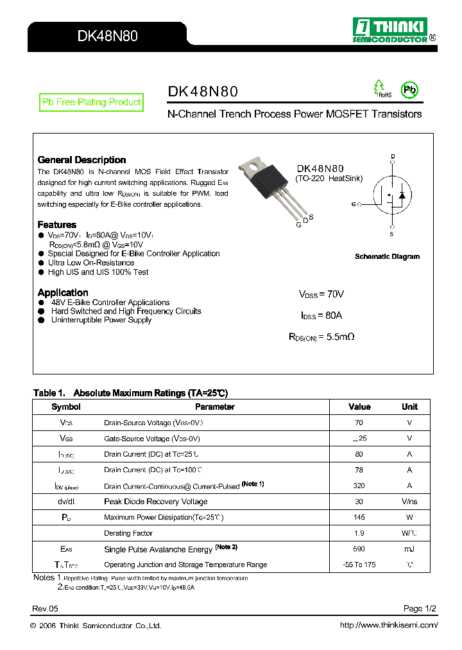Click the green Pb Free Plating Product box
pos(91,102)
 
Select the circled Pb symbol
pos(409,90)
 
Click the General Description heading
pos(81,160)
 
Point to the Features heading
pos(56,225)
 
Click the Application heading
pos(63,293)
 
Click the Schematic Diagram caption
pos(387,256)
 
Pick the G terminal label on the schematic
pos(354,204)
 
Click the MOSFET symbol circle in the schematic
pos(392,195)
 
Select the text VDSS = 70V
pos(321,294)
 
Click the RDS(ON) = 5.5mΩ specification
pos(321,337)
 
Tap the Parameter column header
pos(214,407)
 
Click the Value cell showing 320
pos(359,486)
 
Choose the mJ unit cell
pos(409,549)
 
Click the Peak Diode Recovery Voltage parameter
pos(155,502)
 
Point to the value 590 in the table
pos(359,549)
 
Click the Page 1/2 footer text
pos(420,608)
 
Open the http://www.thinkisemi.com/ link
pos(388,625)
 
